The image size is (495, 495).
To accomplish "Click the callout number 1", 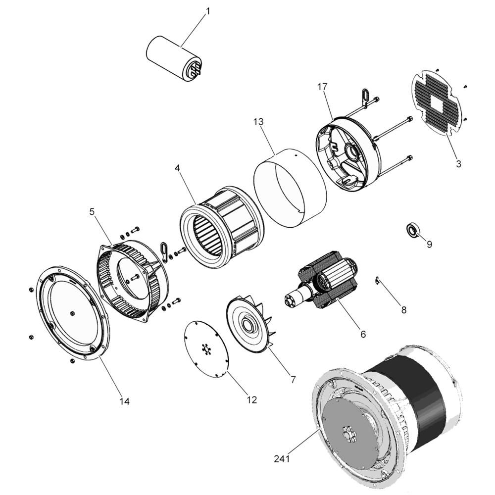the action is click(208, 11).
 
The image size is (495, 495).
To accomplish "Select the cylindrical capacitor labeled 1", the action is click(174, 59).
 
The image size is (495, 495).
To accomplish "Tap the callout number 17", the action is click(322, 87).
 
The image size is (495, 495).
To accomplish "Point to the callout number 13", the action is click(258, 122).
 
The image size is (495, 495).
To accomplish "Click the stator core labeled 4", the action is click(222, 227).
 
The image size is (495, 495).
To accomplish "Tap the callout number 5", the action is click(92, 211).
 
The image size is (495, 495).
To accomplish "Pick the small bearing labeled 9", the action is click(411, 230).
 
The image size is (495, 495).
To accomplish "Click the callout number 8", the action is click(404, 310).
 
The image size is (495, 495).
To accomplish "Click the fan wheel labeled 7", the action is click(251, 324).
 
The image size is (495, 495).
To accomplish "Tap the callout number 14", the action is click(124, 401).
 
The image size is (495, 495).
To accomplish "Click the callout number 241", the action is click(282, 459).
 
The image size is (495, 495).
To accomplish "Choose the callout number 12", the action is click(251, 400).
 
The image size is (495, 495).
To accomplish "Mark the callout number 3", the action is click(458, 164).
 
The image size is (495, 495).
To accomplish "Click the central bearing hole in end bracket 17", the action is click(351, 152).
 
